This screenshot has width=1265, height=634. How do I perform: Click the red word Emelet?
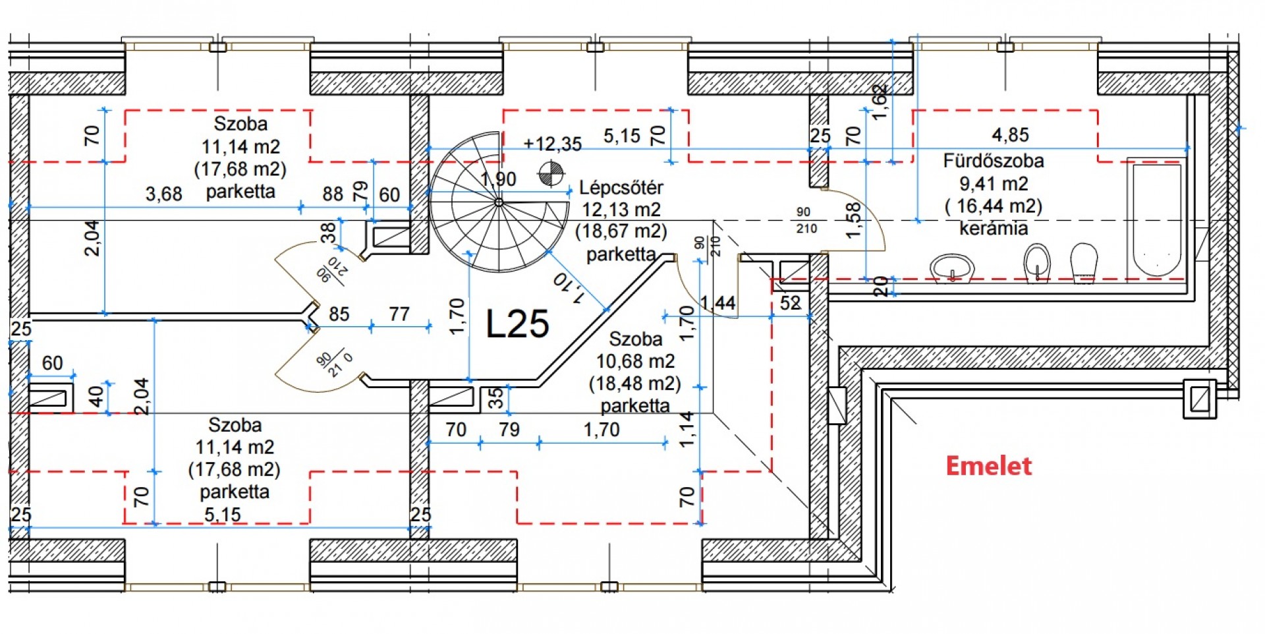tap(988, 466)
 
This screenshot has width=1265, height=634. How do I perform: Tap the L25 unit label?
tap(517, 324)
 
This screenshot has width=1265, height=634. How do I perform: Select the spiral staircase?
tap(499, 202)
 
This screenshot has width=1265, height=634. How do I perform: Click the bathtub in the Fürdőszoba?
tap(1156, 220)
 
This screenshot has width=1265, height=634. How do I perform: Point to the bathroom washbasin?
tap(952, 268)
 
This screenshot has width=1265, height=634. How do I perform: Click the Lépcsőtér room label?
tap(621, 188)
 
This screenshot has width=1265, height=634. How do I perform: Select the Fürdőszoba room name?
tap(994, 161)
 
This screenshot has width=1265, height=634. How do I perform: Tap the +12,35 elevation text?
tap(552, 144)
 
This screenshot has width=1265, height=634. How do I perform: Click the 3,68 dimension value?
tap(163, 194)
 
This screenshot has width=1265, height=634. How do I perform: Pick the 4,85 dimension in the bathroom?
tap(1010, 135)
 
